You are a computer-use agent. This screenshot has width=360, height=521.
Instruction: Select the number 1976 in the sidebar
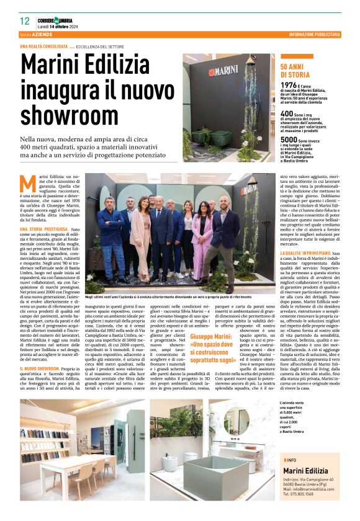click(289, 85)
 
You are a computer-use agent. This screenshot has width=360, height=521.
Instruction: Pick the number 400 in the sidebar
click(287, 114)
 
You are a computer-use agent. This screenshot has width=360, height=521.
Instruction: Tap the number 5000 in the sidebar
click(289, 141)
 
